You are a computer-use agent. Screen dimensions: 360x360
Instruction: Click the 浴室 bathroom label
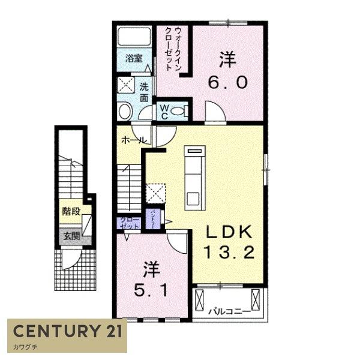point(134,59)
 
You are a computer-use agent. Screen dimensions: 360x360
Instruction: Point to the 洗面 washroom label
point(145,91)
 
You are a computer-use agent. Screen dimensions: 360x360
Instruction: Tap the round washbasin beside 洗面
point(125,112)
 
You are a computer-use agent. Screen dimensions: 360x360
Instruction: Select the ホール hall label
point(131,139)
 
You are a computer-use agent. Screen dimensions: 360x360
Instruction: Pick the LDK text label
point(227,231)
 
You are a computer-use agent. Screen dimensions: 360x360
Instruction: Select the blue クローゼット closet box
point(130,223)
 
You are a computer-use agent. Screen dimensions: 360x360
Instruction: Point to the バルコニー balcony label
point(226,312)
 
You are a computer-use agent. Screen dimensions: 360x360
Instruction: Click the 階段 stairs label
point(71,211)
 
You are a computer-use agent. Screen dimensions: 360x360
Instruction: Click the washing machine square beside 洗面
point(126,84)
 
